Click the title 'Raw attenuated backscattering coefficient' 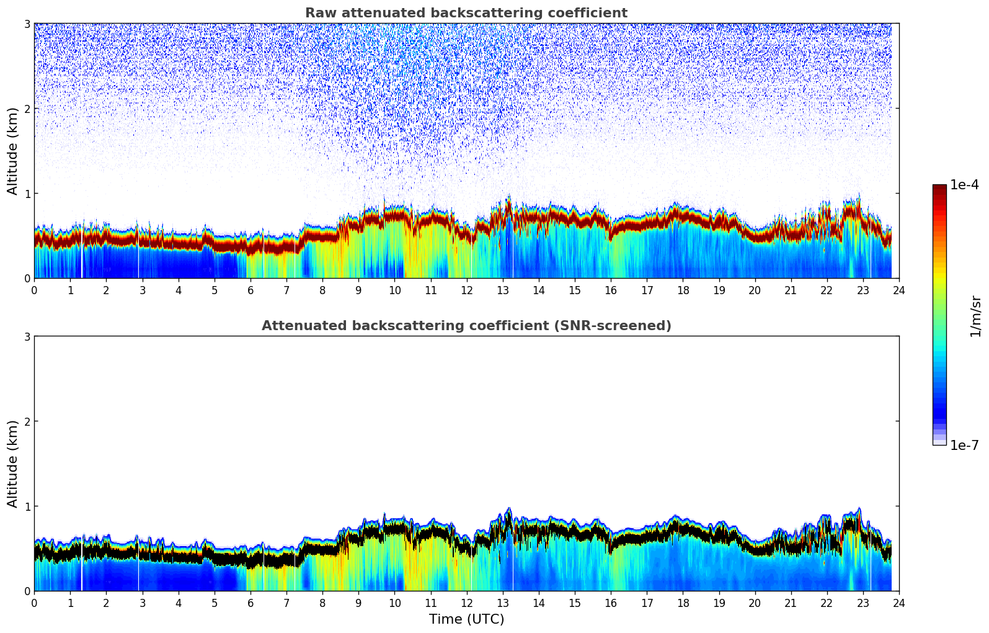point(466,13)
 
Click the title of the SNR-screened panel point(466,326)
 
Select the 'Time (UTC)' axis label point(466,619)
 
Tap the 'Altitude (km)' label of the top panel point(12,151)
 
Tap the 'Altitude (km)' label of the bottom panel point(12,464)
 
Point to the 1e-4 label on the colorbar point(964,185)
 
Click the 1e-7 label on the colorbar point(964,445)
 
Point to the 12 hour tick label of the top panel point(467,290)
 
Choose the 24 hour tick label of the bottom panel point(898,603)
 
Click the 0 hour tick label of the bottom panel point(34,603)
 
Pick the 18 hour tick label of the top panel point(683,290)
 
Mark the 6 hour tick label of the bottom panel point(251,603)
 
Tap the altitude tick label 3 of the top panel point(27,24)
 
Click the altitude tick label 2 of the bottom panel point(27,421)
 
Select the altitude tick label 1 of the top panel point(27,194)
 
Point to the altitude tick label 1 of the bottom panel point(27,506)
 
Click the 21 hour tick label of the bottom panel point(791,603)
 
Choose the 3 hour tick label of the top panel point(142,290)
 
